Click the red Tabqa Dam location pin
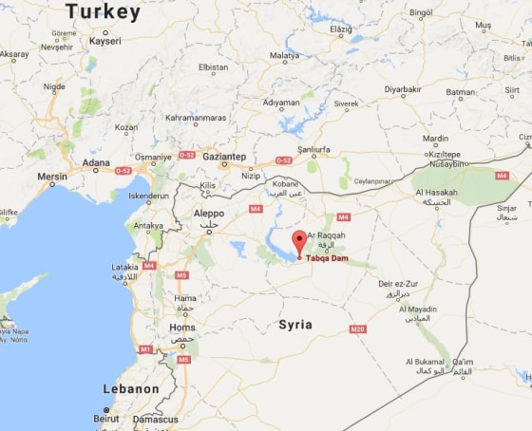299,241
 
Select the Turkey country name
103,12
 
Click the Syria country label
295,325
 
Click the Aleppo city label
209,214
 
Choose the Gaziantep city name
224,156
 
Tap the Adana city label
96,162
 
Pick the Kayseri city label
104,42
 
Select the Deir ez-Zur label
397,284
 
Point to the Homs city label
181,328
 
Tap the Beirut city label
106,418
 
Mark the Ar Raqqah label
326,234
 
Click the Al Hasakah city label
437,193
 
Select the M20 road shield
357,328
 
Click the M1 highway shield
145,349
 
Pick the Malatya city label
284,56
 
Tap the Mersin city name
52,176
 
